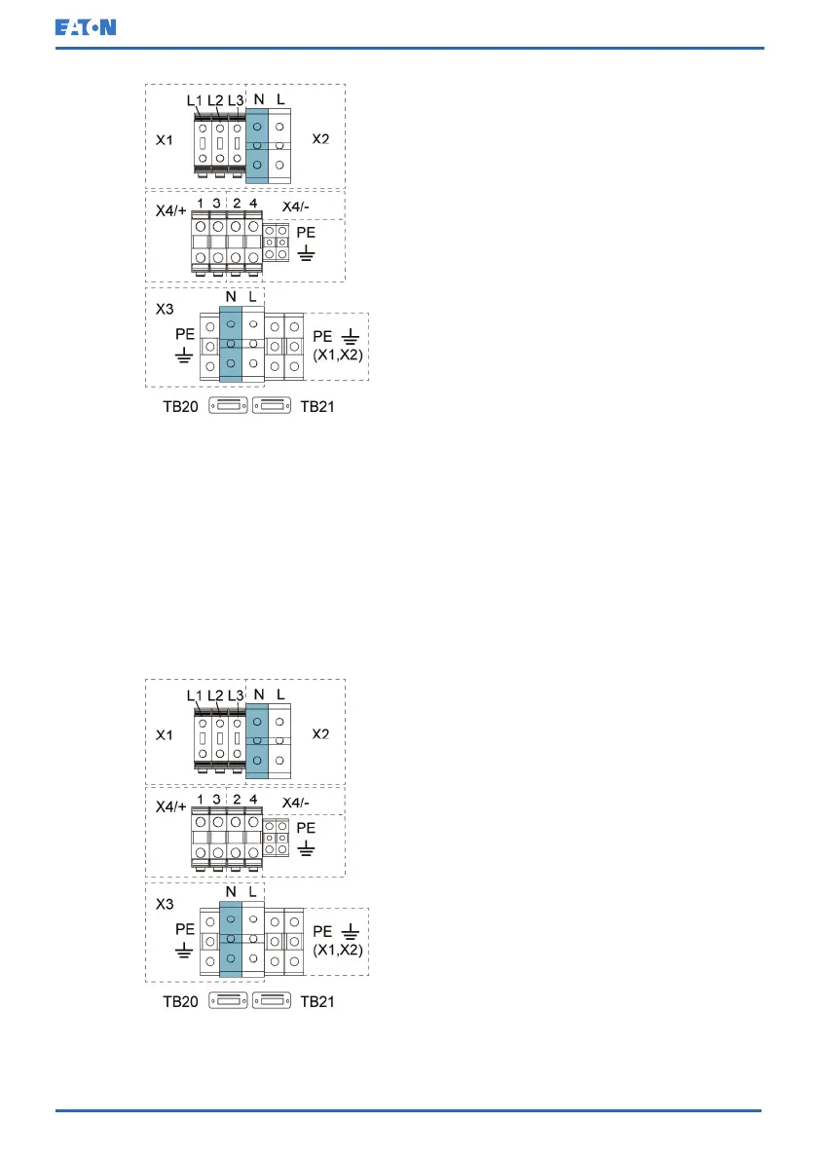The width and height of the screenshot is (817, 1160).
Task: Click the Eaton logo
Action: pyautogui.click(x=85, y=26)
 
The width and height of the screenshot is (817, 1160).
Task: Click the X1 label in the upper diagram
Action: pyautogui.click(x=166, y=140)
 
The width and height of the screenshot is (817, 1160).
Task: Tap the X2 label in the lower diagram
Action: pyautogui.click(x=320, y=733)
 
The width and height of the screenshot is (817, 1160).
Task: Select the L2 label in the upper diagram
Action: pyautogui.click(x=216, y=100)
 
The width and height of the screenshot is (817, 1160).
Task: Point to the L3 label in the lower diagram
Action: pyautogui.click(x=235, y=695)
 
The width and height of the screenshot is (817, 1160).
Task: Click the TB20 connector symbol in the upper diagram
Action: pyautogui.click(x=230, y=405)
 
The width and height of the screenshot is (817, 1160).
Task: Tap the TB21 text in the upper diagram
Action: pyautogui.click(x=317, y=406)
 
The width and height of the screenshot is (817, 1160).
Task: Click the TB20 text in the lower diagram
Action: pyautogui.click(x=181, y=1001)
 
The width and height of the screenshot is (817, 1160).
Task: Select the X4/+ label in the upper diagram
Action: pyautogui.click(x=171, y=208)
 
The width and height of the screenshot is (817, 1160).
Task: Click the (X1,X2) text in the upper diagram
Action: pyautogui.click(x=338, y=355)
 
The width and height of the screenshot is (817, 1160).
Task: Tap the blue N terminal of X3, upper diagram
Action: pyautogui.click(x=231, y=343)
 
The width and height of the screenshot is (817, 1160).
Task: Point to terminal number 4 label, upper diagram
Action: pyautogui.click(x=253, y=203)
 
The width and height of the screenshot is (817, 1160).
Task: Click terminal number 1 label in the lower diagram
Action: pyautogui.click(x=201, y=798)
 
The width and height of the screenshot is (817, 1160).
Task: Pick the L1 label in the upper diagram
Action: pyautogui.click(x=194, y=100)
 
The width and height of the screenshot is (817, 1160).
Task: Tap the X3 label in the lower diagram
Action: pyautogui.click(x=167, y=902)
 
